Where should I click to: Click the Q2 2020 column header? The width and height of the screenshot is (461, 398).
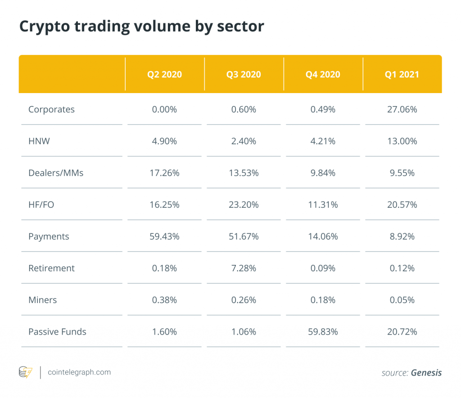(164, 74)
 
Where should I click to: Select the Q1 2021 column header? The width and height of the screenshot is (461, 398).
(402, 74)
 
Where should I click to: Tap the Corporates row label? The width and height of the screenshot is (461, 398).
(51, 109)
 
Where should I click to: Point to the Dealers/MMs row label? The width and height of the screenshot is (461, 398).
(56, 173)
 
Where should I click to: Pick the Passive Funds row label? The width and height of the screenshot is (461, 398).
(57, 331)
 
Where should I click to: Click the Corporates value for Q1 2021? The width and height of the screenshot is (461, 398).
(402, 109)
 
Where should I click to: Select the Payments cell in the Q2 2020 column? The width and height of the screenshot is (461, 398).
(164, 236)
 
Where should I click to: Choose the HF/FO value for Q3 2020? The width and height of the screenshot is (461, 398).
(244, 205)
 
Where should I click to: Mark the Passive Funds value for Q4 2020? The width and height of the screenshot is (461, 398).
(322, 331)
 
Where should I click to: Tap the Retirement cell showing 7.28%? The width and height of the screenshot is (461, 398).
(244, 268)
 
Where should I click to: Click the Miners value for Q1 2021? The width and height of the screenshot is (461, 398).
(402, 300)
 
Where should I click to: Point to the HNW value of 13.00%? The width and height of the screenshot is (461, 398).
(402, 141)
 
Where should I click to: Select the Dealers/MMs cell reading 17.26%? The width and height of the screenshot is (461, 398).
(164, 173)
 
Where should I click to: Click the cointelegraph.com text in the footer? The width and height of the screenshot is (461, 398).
(79, 372)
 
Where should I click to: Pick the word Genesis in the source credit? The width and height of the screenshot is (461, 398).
(426, 373)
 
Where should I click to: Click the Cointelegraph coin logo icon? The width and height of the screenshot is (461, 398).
(25, 372)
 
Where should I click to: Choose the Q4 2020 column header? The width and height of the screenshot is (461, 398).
(322, 74)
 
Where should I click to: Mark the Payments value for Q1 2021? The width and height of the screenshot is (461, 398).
(402, 236)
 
